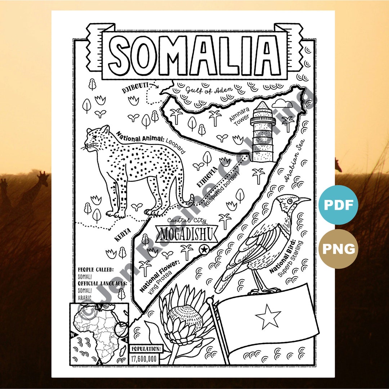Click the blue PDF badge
[x=338, y=205]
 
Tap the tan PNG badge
[x=338, y=249]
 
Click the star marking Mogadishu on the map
[x=204, y=249]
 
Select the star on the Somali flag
[x=268, y=316]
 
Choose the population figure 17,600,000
[x=144, y=359]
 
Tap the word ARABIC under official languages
[x=85, y=298]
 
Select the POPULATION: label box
[x=146, y=349]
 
